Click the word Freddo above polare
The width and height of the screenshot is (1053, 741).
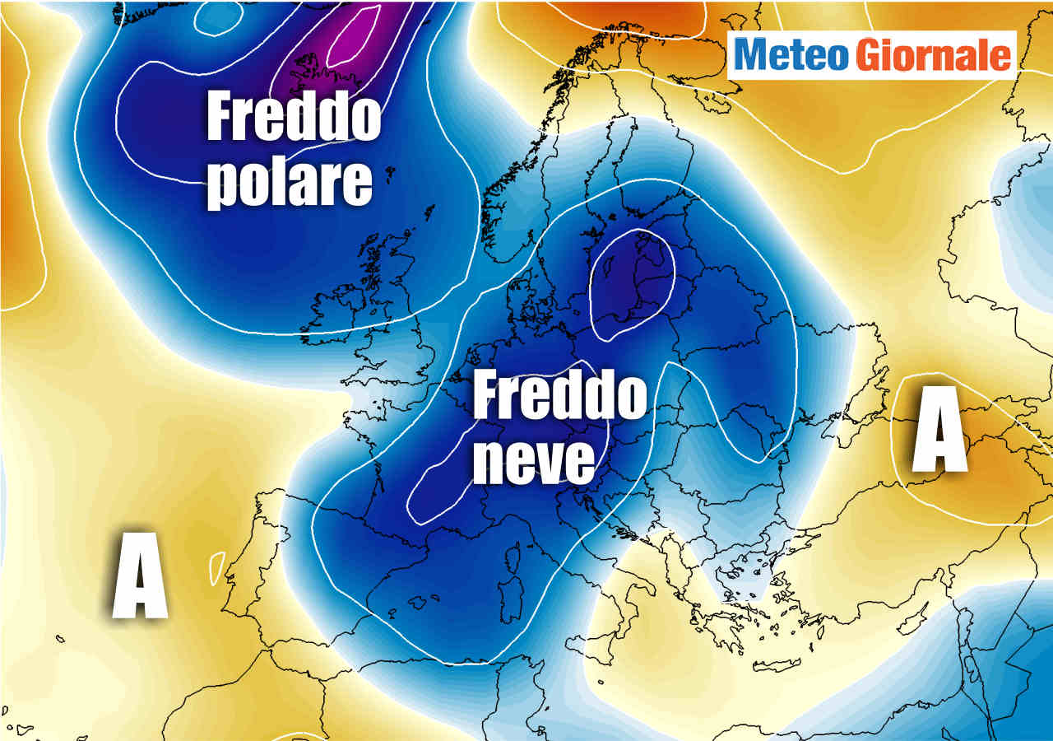pyautogui.click(x=293, y=117)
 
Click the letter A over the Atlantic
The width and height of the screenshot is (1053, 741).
pyautogui.click(x=140, y=576)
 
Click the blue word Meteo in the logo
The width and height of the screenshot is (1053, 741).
pyautogui.click(x=791, y=55)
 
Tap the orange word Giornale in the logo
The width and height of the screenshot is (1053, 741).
pyautogui.click(x=933, y=55)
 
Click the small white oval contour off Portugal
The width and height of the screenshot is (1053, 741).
pyautogui.click(x=217, y=567)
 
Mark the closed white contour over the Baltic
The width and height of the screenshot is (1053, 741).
pyautogui.click(x=632, y=284)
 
